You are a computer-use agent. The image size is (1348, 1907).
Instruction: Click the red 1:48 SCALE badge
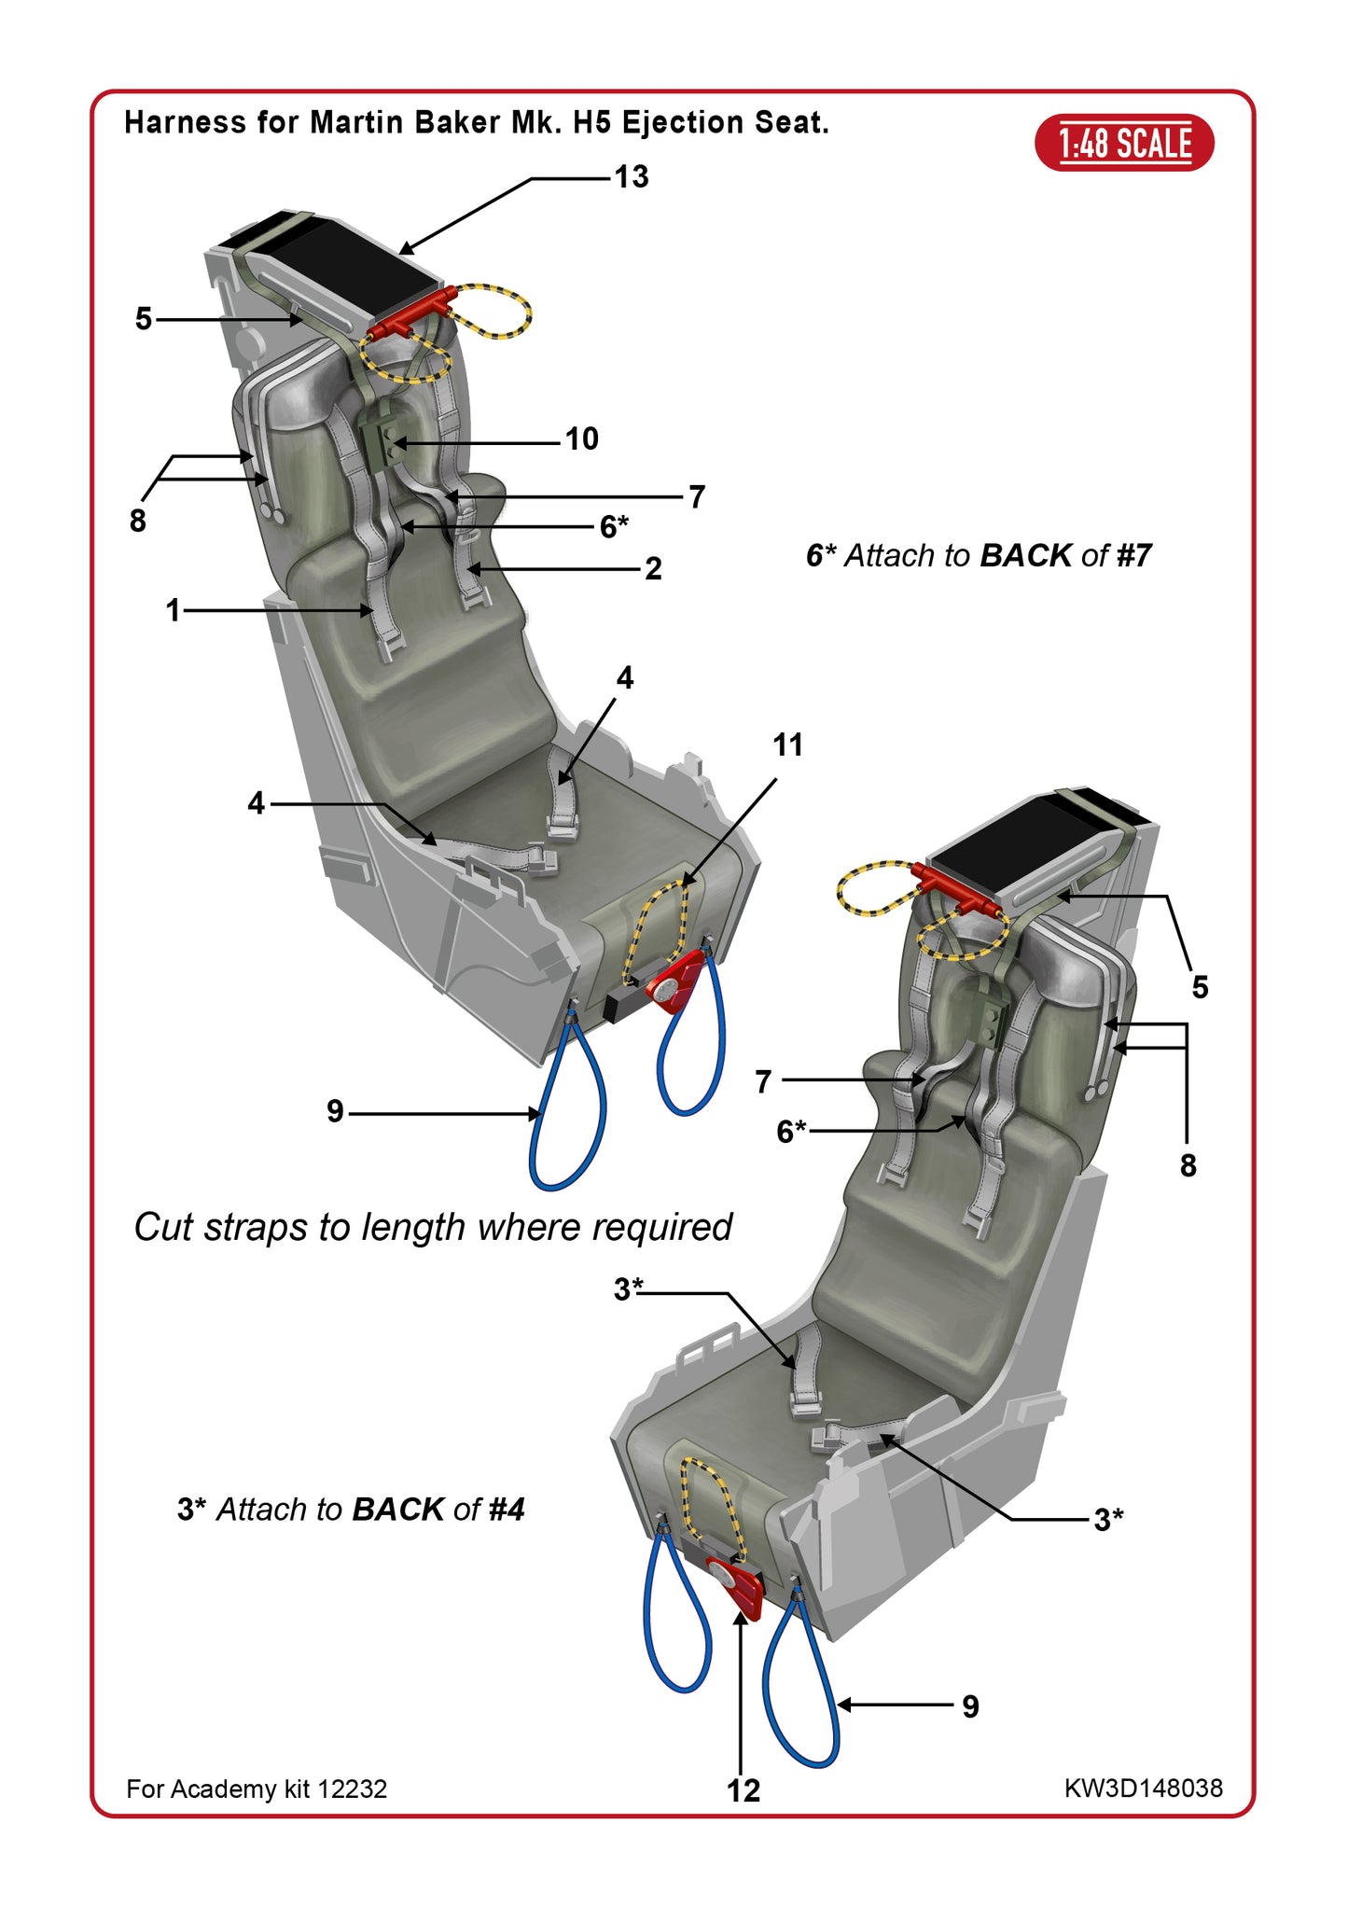(1124, 143)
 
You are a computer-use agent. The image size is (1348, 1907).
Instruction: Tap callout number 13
(631, 176)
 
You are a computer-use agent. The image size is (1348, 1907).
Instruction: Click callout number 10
(581, 438)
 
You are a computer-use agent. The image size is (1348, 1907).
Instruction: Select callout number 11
(787, 745)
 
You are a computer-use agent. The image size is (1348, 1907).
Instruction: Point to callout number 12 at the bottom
(743, 1789)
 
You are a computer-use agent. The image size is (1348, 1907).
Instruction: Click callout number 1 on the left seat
(173, 610)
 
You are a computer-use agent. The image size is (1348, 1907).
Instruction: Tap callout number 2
(653, 568)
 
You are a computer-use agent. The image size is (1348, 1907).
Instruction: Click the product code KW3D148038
(1143, 1788)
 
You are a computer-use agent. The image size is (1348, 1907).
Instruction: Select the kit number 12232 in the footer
(352, 1789)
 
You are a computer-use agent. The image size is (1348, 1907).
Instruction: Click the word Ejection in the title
(685, 122)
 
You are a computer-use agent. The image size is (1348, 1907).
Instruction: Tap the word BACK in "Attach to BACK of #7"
(1025, 555)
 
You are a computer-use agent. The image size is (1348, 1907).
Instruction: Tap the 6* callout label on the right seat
(791, 1131)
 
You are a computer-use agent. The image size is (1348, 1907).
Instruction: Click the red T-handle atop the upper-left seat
(410, 317)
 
